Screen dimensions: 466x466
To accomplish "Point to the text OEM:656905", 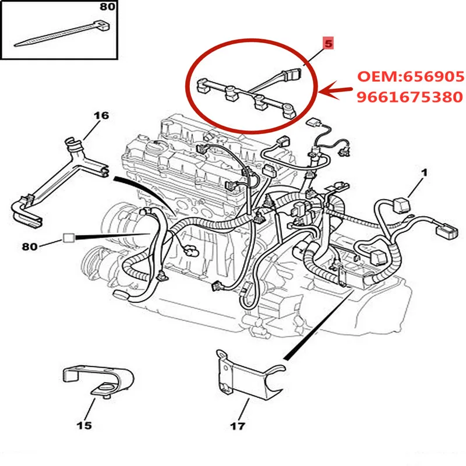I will [x=410, y=76].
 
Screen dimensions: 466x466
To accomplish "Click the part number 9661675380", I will [x=410, y=97].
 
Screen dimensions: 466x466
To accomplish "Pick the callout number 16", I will [x=101, y=116].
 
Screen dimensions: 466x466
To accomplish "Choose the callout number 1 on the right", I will [x=425, y=172].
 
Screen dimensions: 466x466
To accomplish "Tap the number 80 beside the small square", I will [x=30, y=246].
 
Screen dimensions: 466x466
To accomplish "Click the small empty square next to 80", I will [x=69, y=238].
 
